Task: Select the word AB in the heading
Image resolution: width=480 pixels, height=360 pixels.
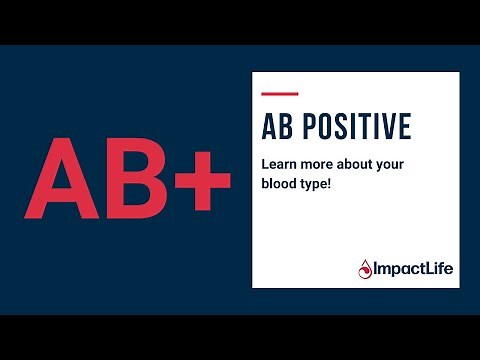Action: [x=275, y=127]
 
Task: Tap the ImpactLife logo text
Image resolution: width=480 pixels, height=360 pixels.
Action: [x=411, y=268]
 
